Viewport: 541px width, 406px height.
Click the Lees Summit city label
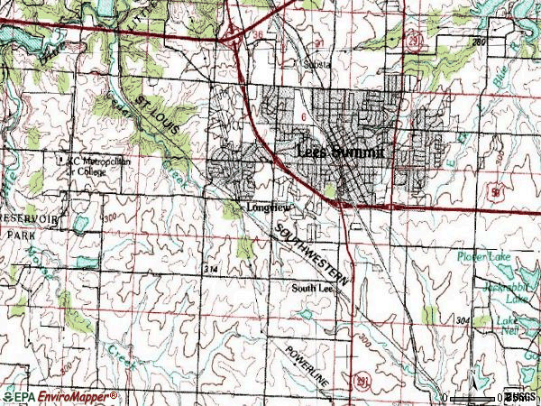(343, 153)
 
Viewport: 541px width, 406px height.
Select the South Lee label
(311, 289)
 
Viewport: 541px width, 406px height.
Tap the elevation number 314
(211, 270)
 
